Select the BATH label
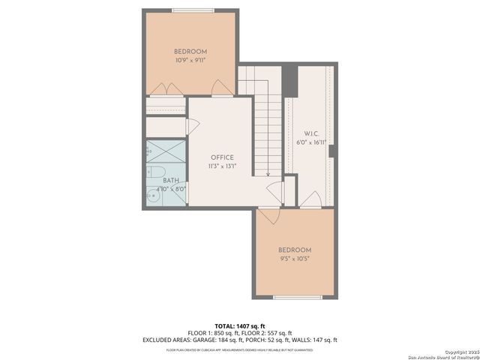click(171, 180)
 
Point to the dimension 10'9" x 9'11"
click(190, 60)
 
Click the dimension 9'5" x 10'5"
click(294, 259)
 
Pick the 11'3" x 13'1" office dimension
click(222, 166)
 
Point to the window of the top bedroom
click(192, 10)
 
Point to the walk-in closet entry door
click(312, 199)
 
